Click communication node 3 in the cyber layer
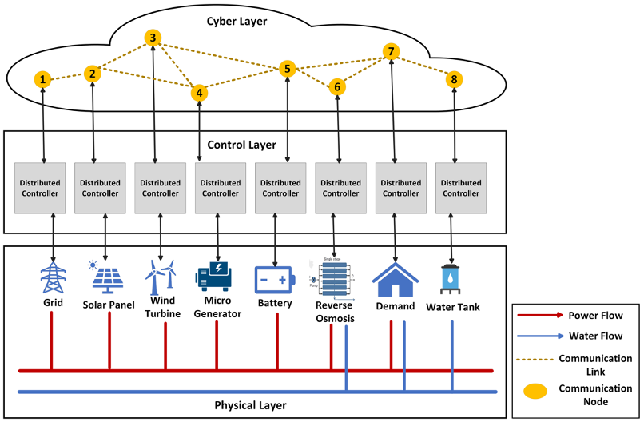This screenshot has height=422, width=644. point(153,38)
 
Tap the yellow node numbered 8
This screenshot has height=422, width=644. point(454,79)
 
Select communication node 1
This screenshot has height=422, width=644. point(43,79)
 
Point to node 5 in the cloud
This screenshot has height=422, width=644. point(288,69)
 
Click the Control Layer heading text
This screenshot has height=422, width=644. point(241,145)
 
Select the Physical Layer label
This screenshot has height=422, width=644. point(250,405)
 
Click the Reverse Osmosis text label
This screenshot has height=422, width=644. point(334,312)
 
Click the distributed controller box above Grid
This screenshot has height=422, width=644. point(40,188)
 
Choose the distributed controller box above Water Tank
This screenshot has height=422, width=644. point(461,188)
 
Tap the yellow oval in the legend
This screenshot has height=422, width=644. point(535,391)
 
